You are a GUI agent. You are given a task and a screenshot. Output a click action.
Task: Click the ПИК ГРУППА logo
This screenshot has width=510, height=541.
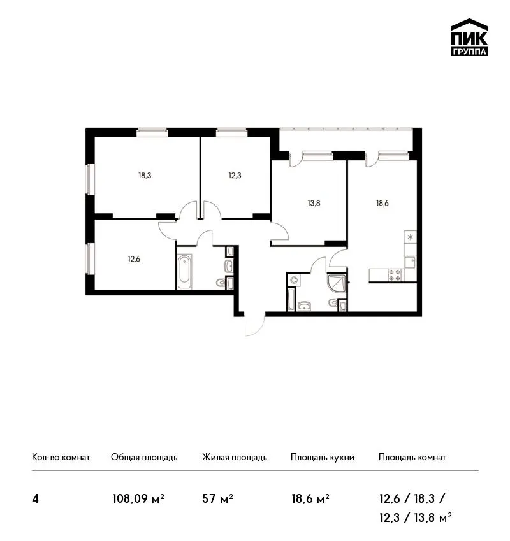click(x=469, y=38)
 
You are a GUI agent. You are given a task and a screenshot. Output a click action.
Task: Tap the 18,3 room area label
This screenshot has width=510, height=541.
click(x=145, y=176)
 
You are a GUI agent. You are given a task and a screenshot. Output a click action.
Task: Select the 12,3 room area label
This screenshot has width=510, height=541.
click(x=235, y=176)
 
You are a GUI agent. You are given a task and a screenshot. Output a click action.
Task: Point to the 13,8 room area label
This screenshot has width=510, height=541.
click(x=314, y=203)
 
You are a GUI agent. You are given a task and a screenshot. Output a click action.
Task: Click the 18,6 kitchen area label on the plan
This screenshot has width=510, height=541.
click(x=382, y=203)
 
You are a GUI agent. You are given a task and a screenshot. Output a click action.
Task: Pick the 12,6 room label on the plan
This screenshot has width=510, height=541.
click(x=134, y=259)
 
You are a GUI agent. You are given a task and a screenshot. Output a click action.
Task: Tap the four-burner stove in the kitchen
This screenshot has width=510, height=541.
click(x=395, y=275)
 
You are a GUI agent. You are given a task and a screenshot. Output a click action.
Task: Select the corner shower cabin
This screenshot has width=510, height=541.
click(x=336, y=284)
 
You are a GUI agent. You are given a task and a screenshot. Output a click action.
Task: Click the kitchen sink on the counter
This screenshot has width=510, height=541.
click(x=411, y=262)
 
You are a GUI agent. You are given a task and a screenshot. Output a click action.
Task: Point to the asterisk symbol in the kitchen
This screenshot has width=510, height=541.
click(x=410, y=237)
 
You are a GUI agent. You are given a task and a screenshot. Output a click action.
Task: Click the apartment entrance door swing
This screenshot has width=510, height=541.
click(x=254, y=326)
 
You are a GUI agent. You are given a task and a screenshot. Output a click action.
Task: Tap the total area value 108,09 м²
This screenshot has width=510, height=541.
click(x=138, y=498)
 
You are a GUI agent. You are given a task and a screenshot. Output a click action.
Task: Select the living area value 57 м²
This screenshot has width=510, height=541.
click(x=217, y=498)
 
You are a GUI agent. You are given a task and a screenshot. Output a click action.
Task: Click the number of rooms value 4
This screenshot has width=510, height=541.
click(x=35, y=499)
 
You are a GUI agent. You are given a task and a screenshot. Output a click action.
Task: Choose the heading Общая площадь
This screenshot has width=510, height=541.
click(x=144, y=458)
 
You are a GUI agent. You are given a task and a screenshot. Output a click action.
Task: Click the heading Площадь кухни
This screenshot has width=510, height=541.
click(x=323, y=458)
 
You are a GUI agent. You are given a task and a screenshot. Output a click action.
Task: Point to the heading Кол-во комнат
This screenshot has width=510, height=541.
click(x=61, y=457)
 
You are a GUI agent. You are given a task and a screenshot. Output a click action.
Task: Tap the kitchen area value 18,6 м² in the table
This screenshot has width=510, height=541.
click(x=310, y=498)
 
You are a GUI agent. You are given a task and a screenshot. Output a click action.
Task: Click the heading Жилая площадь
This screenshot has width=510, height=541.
click(x=235, y=458)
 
